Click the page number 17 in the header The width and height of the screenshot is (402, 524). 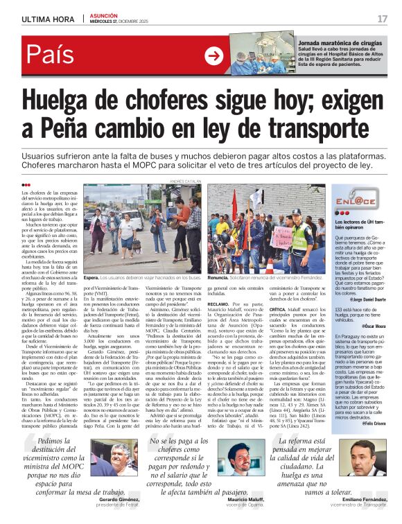click(x=382, y=18)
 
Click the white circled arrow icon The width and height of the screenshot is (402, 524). click(x=214, y=56)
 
